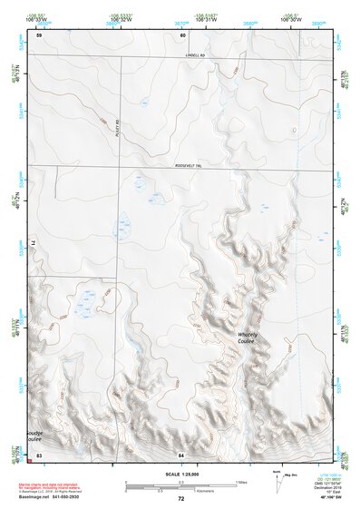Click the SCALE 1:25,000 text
pos(182,474)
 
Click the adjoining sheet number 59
pos(39,35)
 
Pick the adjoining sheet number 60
pos(182,35)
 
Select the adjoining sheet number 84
pos(181,454)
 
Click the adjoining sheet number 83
pos(39,454)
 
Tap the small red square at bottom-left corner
pos(32,460)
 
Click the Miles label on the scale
pos(240,481)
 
